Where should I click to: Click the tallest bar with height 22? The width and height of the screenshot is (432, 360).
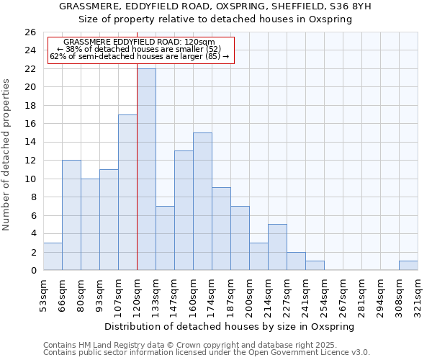tap(146, 169)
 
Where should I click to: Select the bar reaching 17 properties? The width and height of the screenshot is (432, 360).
tap(127, 192)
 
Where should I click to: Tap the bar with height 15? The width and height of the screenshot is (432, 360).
tap(202, 202)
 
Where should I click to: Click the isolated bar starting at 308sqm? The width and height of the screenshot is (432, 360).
tap(408, 266)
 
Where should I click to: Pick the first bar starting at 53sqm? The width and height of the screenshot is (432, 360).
tap(53, 256)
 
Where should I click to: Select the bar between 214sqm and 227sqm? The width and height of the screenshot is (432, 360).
tap(277, 247)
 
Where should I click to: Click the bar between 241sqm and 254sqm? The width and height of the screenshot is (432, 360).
tap(315, 266)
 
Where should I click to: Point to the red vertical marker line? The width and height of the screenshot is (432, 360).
tap(137, 166)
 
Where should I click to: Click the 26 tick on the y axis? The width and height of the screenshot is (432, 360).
tap(30, 32)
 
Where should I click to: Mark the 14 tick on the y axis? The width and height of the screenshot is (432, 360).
tap(30, 143)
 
